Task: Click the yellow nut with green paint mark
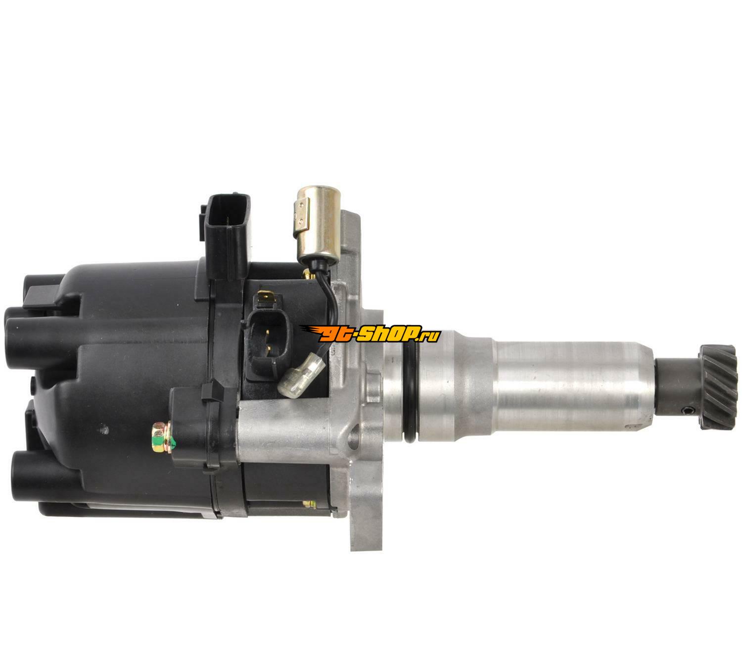[x=162, y=437]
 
